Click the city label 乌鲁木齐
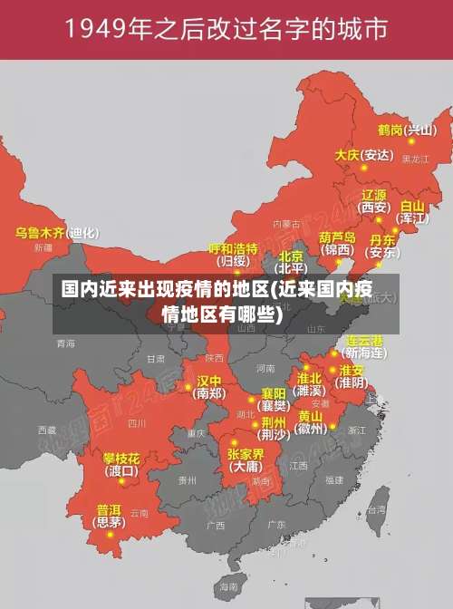pyautogui.click(x=40, y=233)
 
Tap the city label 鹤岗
pyautogui.click(x=390, y=130)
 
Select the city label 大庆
pyautogui.click(x=347, y=155)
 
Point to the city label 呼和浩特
pyautogui.click(x=233, y=247)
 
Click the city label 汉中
pyautogui.click(x=209, y=381)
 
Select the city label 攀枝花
pyautogui.click(x=120, y=458)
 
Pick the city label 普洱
pyautogui.click(x=109, y=509)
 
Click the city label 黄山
pyautogui.click(x=310, y=416)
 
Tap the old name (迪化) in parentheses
pyautogui.click(x=83, y=233)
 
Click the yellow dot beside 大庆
pyautogui.click(x=364, y=166)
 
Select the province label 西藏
pyautogui.click(x=46, y=430)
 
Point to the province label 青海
pyautogui.click(x=65, y=343)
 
